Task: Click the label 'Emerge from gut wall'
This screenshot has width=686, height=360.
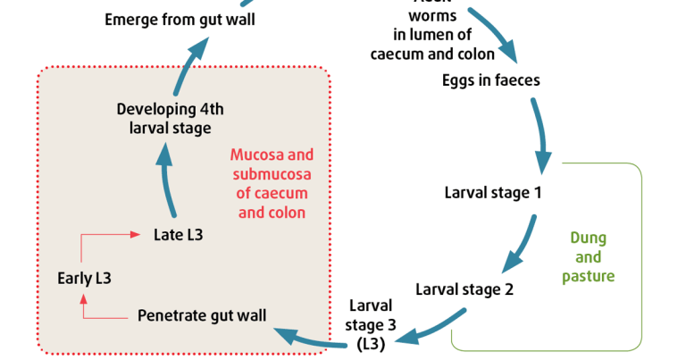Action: click(x=180, y=19)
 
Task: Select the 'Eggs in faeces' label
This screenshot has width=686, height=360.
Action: click(x=490, y=80)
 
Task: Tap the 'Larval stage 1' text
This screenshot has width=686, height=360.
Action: click(x=492, y=192)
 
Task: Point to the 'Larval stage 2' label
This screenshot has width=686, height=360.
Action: click(x=464, y=289)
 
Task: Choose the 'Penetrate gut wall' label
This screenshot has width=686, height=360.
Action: click(x=202, y=315)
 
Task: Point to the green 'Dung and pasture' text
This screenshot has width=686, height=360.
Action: click(x=588, y=257)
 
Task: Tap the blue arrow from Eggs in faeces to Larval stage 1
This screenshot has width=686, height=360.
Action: click(x=540, y=134)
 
